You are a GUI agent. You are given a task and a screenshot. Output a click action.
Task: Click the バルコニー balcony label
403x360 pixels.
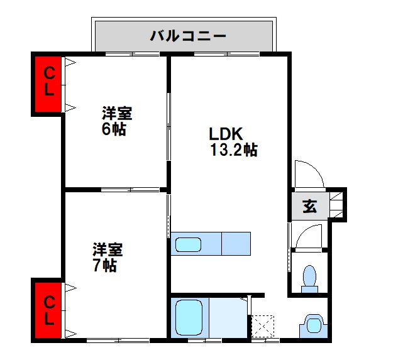187,35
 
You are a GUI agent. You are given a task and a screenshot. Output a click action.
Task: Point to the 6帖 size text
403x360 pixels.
114,129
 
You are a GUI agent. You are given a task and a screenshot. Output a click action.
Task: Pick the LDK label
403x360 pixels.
226,134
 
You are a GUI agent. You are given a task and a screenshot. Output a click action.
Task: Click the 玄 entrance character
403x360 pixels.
310,205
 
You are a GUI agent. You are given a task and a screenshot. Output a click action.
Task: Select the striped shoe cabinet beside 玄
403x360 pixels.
337,204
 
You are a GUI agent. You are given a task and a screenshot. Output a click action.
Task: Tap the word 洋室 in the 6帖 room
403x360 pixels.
117,114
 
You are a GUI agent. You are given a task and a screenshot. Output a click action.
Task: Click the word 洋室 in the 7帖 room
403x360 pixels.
108,249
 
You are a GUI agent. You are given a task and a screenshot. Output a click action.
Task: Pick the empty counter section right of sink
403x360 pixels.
236,243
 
